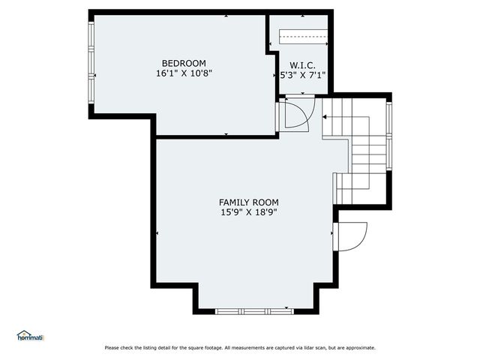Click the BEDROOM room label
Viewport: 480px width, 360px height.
184,63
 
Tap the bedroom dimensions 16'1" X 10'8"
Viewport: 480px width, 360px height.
184,73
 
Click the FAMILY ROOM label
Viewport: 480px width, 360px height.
248,202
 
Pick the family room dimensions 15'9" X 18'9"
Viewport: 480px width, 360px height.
248,213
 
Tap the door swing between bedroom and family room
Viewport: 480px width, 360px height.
294,115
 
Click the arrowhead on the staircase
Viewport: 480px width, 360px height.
325,117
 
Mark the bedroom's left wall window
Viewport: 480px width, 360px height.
91,63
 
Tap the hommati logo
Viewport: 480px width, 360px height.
30,336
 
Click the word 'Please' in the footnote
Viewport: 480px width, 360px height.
112,347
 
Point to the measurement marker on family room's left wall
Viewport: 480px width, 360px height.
157,233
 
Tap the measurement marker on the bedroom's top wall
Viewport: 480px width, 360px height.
226,15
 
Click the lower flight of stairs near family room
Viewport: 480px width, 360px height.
360,187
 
